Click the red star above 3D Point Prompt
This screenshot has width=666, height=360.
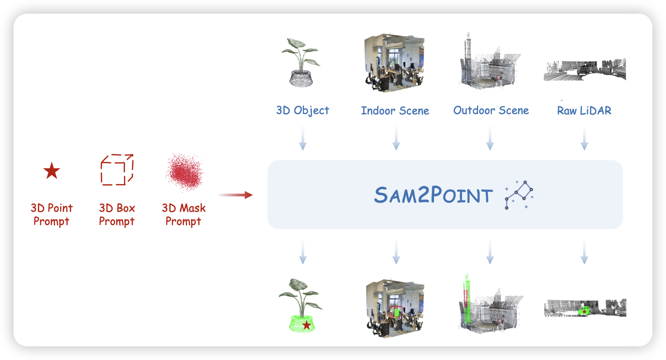point(52,171)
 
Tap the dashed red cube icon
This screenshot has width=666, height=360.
point(117,170)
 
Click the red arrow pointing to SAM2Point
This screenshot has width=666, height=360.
point(235,195)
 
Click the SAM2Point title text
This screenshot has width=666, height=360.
point(433,195)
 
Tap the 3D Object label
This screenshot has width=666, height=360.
point(302,111)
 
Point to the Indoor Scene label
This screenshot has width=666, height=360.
point(395,111)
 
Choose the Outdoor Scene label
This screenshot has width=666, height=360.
point(491,111)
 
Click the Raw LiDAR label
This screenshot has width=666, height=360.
point(584,111)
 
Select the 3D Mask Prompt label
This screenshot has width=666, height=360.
point(184,214)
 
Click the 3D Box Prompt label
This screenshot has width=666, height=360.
point(117,214)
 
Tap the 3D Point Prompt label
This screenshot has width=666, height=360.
point(52,214)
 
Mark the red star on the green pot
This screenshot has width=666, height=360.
point(307,325)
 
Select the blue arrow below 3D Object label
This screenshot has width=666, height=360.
point(302,139)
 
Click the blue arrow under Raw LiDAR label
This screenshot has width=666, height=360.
point(584,139)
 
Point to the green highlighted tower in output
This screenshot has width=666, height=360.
point(467,300)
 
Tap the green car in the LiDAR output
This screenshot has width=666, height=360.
point(584,311)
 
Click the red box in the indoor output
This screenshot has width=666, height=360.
point(395,312)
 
